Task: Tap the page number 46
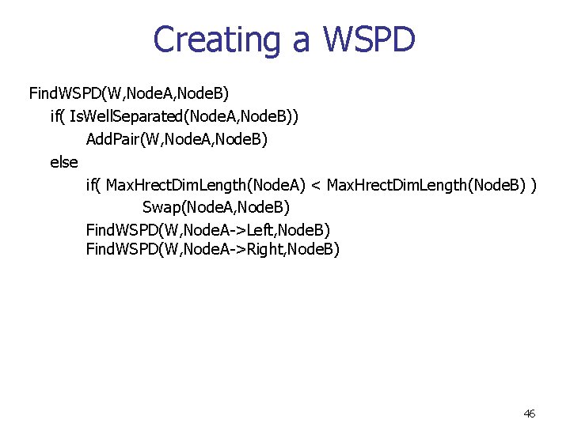(x=530, y=414)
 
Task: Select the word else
(x=63, y=162)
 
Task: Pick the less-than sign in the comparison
(x=316, y=185)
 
